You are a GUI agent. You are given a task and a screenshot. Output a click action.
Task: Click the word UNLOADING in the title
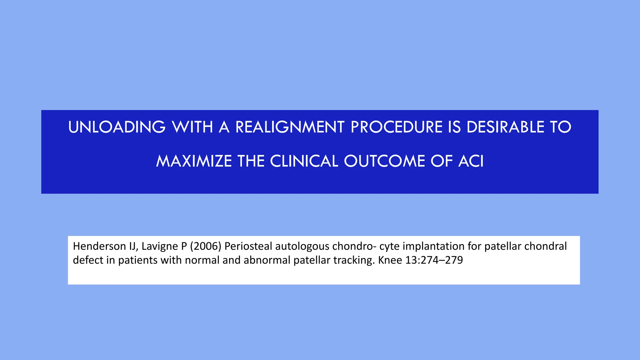(x=117, y=127)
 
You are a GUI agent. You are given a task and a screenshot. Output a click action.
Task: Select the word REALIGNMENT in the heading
(x=290, y=127)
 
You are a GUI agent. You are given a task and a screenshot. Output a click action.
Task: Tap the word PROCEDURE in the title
(x=396, y=127)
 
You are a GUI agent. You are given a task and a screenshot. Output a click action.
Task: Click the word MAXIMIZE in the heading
(x=194, y=161)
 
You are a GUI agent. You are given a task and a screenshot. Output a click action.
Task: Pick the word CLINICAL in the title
(x=304, y=161)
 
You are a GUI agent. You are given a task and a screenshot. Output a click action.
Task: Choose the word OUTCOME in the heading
(x=384, y=161)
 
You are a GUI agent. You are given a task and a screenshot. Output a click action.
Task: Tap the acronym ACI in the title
(x=471, y=161)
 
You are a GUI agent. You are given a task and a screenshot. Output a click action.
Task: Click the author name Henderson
(x=99, y=246)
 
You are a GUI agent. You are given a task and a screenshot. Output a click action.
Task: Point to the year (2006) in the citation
(x=205, y=246)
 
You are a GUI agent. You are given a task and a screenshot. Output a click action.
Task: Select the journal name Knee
(x=390, y=260)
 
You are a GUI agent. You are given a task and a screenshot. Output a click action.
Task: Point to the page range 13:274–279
(x=434, y=260)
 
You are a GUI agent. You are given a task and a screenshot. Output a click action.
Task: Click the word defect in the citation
(x=88, y=260)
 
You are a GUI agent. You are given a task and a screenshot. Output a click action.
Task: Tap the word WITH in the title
(x=192, y=127)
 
